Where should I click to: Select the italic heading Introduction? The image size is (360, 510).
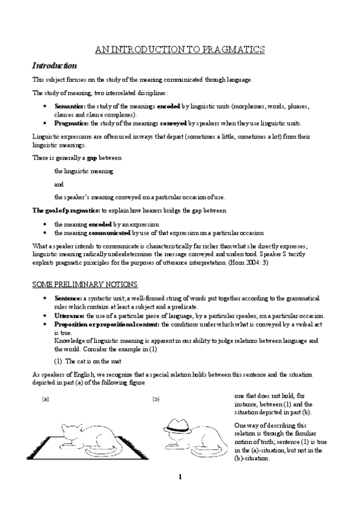[53, 64]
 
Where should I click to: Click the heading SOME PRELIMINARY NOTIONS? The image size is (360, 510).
[85, 284]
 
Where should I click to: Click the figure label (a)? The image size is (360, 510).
[45, 398]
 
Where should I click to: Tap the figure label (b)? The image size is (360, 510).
[156, 398]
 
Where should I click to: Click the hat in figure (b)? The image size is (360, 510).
[181, 425]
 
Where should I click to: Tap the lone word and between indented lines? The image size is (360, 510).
[58, 183]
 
